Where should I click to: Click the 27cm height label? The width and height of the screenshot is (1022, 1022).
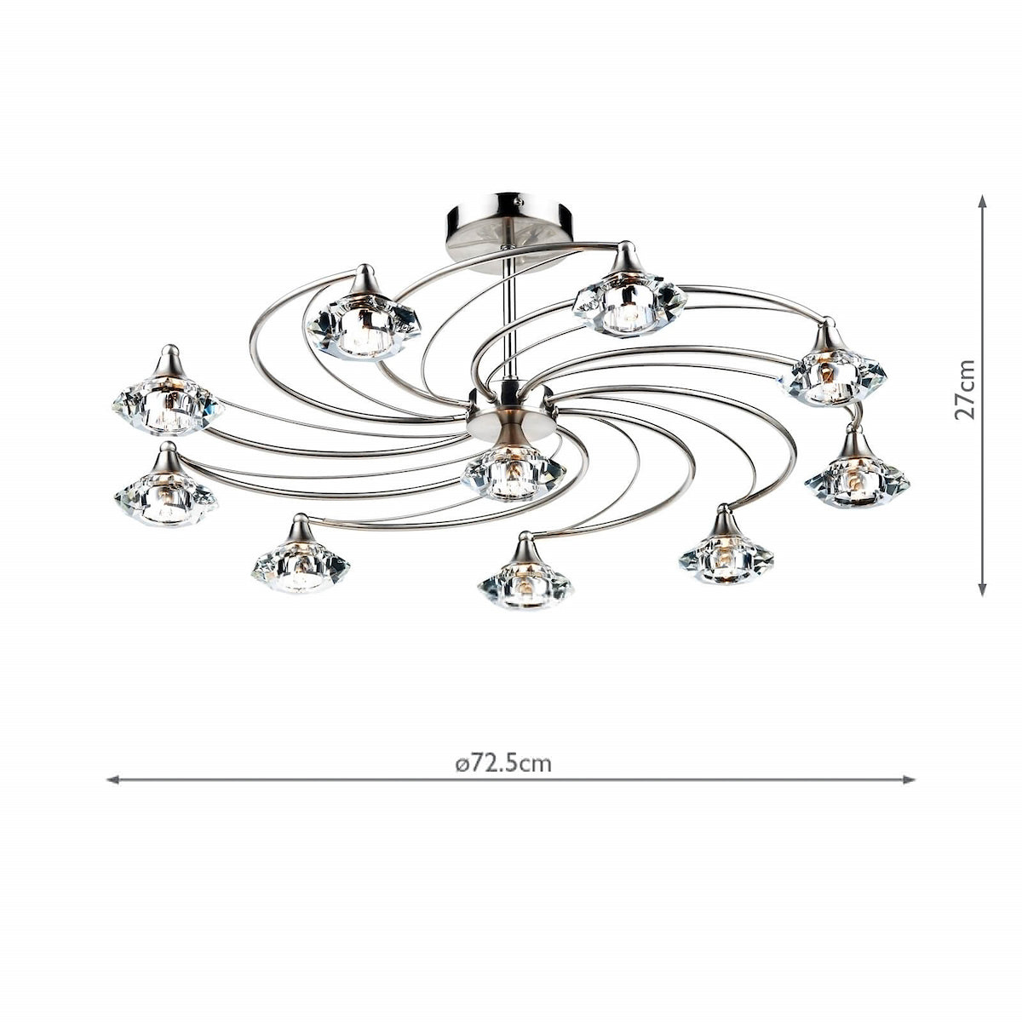(964, 388)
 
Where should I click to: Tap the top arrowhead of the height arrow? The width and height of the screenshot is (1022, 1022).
(982, 201)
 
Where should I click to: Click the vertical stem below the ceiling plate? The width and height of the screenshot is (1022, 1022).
(509, 324)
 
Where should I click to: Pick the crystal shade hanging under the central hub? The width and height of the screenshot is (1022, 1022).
(513, 474)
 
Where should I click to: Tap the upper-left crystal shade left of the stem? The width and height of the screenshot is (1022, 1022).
(364, 324)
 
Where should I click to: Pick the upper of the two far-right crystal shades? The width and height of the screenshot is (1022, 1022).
(833, 372)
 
